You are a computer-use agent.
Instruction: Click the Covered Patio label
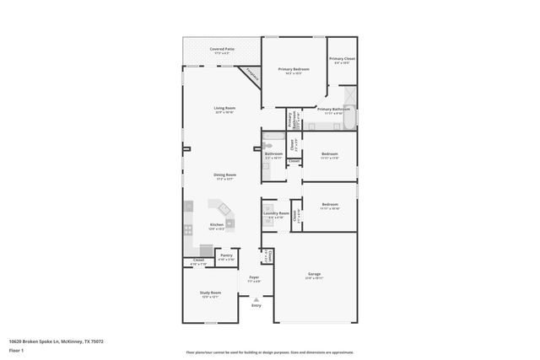coord(223,50)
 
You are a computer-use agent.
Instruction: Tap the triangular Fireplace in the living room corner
coord(252,75)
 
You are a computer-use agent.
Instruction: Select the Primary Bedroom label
coord(294,69)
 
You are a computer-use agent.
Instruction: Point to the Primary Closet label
coord(343,58)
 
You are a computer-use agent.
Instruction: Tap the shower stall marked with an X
coord(350,120)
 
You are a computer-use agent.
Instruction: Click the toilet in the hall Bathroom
coord(266,166)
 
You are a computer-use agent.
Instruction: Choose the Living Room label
coord(224,108)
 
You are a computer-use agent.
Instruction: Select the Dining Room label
coord(224,175)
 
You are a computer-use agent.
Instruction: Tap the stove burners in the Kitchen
coord(190,228)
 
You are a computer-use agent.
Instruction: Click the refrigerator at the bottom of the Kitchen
coord(207,250)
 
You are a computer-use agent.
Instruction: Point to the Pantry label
coord(226,255)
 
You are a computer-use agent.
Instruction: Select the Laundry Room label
coord(276,213)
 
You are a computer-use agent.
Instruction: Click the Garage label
coord(314,275)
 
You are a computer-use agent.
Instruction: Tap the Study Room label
coord(210,293)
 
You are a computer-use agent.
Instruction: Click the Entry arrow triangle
coord(256,298)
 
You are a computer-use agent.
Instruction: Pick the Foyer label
coord(253,277)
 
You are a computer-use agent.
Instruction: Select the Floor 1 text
coord(17,350)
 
